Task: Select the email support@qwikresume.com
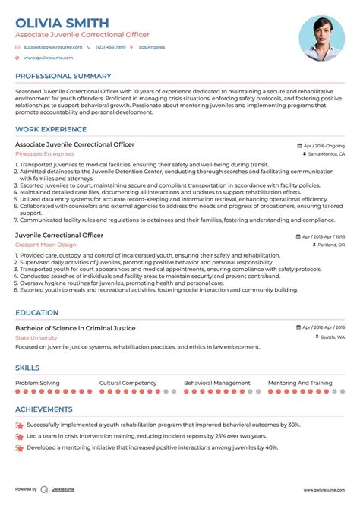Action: [48, 47]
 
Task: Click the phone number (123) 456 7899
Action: [109, 47]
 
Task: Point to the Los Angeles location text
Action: [152, 47]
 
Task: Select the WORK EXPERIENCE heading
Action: [50, 129]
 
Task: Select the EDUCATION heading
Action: [36, 312]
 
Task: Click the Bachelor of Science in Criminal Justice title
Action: [75, 328]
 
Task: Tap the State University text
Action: [36, 337]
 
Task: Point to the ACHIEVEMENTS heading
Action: [45, 409]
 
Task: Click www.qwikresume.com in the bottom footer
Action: [323, 490]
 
